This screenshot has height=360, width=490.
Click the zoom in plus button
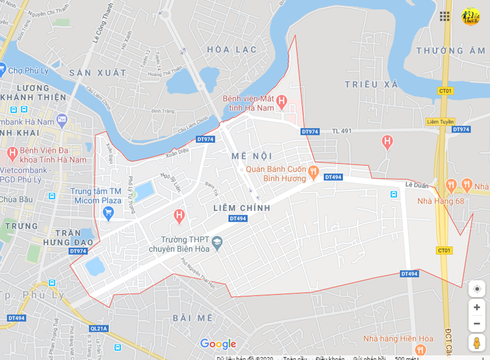pos(477,307)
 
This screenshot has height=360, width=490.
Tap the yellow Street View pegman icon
pos(477,343)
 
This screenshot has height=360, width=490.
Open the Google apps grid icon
pos(445,16)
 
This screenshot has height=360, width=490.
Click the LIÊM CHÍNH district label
pos(241,208)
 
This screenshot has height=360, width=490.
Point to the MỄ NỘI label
pos(252,156)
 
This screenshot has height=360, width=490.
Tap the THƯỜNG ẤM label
pos(451,51)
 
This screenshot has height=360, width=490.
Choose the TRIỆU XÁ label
pos(371,84)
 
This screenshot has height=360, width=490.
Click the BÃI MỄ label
pos(193,318)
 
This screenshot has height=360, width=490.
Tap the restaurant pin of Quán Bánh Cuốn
pos(313,172)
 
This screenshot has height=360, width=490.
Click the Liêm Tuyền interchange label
pos(440,122)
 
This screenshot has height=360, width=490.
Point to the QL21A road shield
pos(98,328)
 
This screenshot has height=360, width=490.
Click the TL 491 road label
pos(341,130)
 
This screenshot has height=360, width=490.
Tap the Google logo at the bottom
pos(218,344)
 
